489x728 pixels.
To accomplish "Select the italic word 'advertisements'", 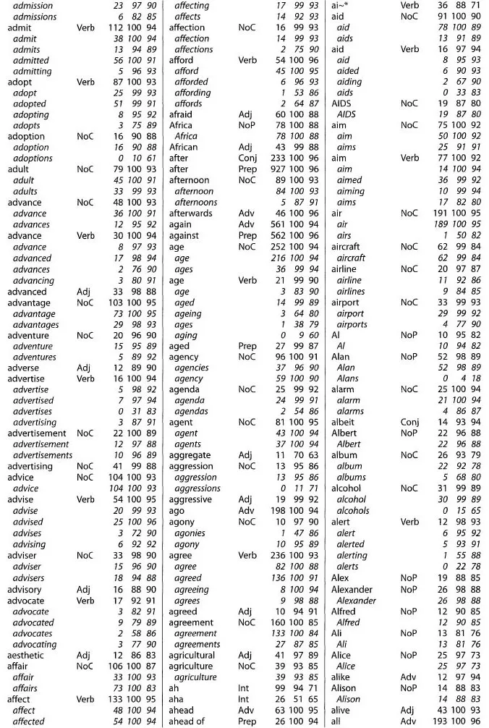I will (43, 455).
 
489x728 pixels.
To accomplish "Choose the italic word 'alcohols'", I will (353, 510).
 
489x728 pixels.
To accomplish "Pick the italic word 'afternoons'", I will (196, 203).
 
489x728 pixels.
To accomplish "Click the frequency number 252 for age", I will (275, 247).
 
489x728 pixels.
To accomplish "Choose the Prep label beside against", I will (247, 236).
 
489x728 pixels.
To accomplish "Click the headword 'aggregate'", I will (190, 455).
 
